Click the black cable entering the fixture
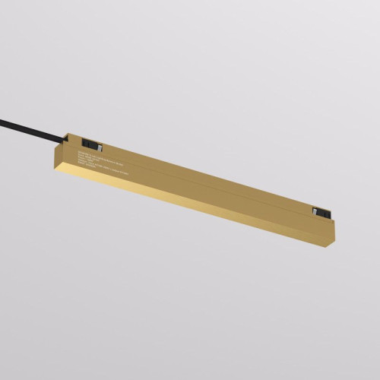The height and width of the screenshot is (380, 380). click(x=30, y=126)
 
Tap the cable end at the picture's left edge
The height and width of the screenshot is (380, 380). click(x=2, y=118)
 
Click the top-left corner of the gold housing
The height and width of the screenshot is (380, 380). click(x=68, y=136)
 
